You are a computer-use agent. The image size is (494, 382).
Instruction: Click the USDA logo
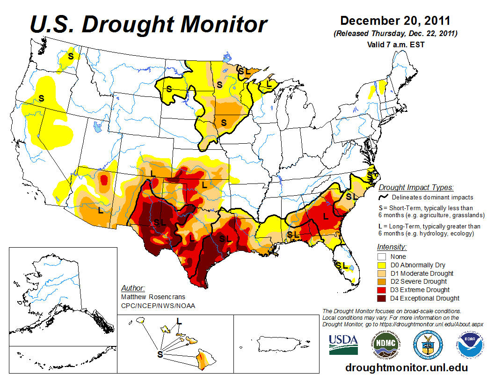343,345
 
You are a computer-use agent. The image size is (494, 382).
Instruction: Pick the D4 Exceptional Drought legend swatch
382,298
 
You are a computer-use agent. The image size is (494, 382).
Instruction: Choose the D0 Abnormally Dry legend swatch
382,265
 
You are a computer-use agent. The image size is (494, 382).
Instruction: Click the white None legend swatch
382,257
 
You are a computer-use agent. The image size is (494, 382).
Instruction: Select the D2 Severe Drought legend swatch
382,281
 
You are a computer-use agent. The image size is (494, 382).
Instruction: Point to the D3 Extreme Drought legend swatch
382,290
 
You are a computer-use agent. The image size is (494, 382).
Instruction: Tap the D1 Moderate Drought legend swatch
382,273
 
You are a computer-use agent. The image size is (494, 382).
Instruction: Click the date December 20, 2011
395,21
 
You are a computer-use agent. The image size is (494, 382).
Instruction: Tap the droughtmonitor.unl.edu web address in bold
407,367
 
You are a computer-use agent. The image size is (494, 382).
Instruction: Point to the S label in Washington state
71,56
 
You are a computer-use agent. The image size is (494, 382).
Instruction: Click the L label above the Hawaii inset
179,321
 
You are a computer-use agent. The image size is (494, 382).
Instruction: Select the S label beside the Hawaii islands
160,354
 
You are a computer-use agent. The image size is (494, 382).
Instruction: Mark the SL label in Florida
342,265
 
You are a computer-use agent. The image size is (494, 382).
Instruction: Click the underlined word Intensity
392,247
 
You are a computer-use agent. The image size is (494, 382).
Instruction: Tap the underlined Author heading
133,287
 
